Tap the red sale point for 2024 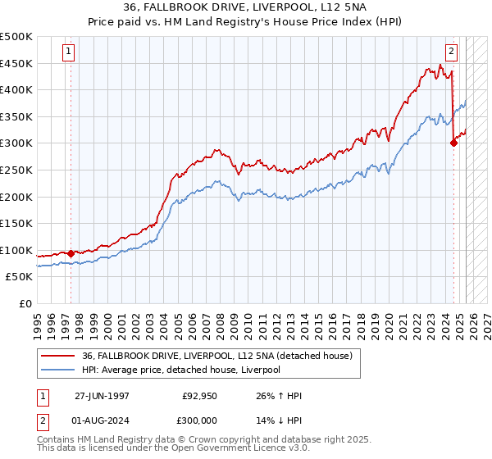click(453, 143)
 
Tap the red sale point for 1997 click(71, 253)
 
